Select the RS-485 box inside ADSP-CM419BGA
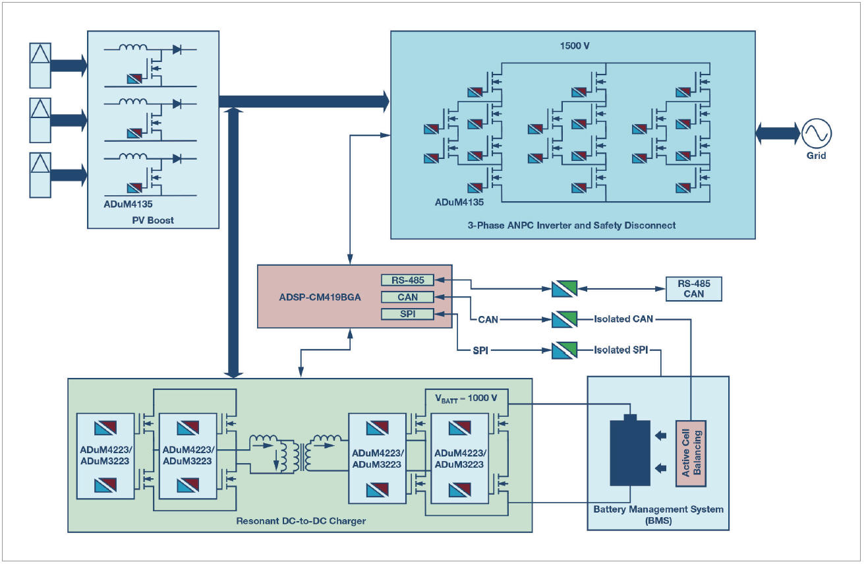click(x=407, y=280)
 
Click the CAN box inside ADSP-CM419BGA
click(x=407, y=297)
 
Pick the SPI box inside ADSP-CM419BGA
click(x=407, y=314)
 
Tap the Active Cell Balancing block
click(x=691, y=454)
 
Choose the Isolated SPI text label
click(x=620, y=350)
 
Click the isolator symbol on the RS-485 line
click(x=565, y=288)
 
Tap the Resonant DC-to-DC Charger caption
click(x=301, y=521)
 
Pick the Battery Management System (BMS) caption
click(x=658, y=515)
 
